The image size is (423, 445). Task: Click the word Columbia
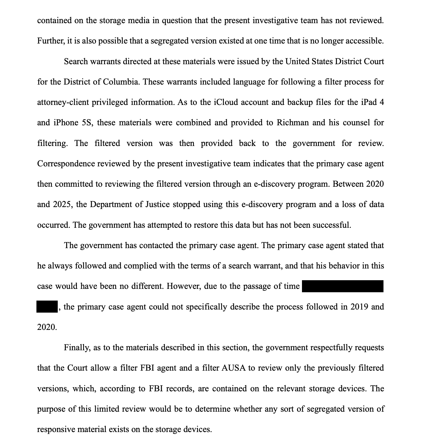[x=120, y=82]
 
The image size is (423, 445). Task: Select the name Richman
[x=292, y=123]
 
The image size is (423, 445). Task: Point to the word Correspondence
[x=66, y=164]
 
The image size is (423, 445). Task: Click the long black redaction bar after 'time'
[x=342, y=286]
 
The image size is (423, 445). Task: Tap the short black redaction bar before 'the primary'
[x=47, y=307]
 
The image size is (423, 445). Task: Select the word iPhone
[x=66, y=123]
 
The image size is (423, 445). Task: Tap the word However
[x=183, y=286]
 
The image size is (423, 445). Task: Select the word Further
[x=51, y=41]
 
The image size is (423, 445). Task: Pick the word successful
[x=332, y=225]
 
